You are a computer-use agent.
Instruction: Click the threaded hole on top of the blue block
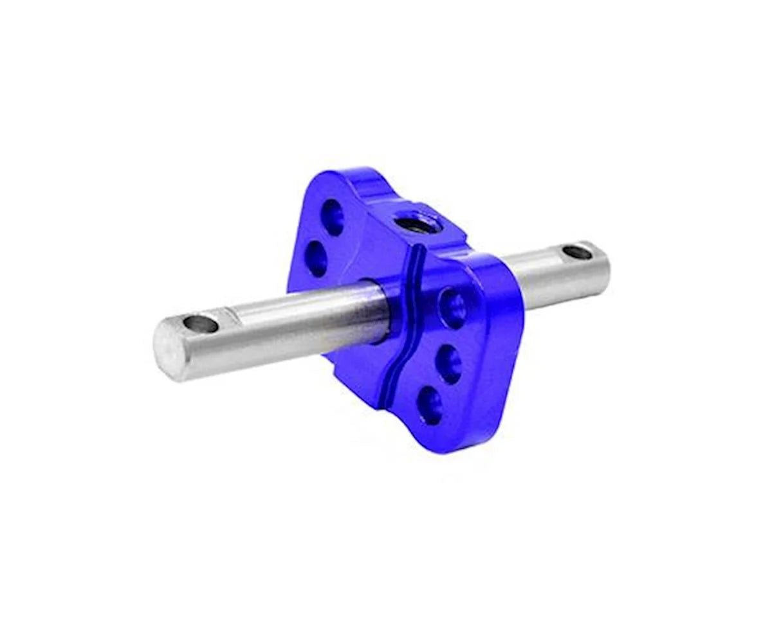[x=410, y=224]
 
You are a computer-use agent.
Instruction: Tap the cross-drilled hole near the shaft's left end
[x=201, y=323]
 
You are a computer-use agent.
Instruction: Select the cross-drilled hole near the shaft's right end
[x=577, y=253]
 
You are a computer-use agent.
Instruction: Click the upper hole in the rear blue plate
[x=332, y=216]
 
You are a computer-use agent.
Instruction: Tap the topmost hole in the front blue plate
[x=454, y=307]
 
